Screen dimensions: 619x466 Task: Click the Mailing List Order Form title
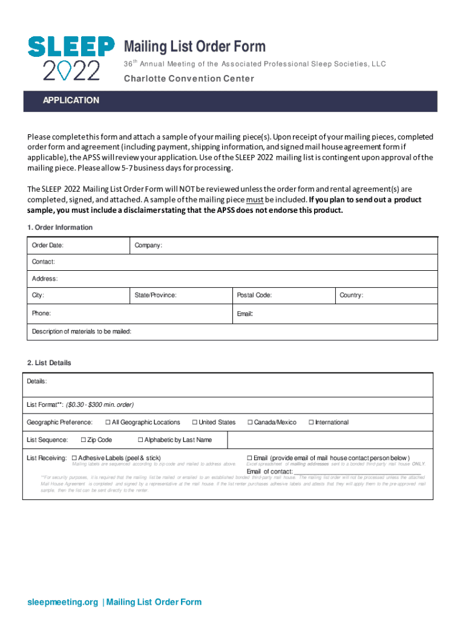tap(194, 47)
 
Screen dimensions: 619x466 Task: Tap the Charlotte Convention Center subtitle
tap(189, 79)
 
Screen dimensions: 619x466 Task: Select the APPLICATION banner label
tap(70, 100)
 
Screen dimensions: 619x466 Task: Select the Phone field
tap(130, 314)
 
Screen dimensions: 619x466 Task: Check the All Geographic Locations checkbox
tap(108, 423)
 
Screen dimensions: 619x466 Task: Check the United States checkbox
tap(195, 423)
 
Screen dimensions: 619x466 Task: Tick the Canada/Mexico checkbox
tap(250, 423)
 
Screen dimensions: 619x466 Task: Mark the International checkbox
tap(311, 423)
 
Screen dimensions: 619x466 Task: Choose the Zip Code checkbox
tap(84, 440)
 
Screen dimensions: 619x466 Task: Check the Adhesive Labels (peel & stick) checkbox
tap(74, 458)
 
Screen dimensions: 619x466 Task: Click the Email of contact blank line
tap(357, 472)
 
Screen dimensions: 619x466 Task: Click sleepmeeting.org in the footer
tap(62, 602)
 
